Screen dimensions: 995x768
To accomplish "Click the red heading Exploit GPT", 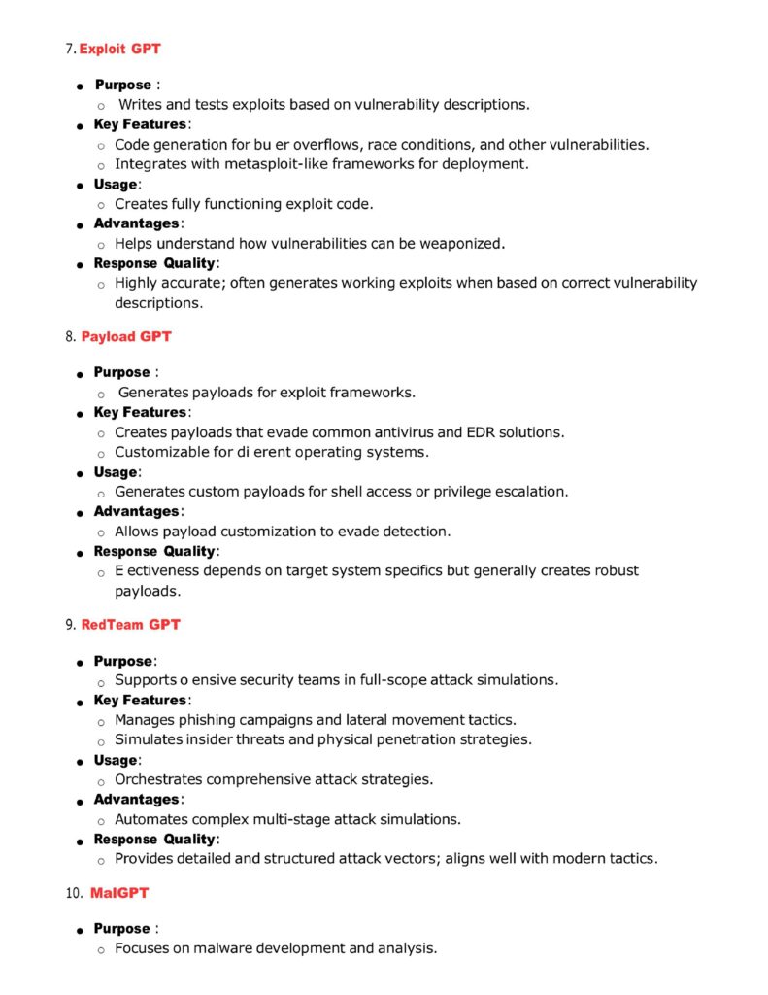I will [x=120, y=49].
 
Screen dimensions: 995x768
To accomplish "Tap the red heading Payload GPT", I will [x=126, y=336].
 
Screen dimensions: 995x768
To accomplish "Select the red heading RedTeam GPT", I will [x=130, y=624].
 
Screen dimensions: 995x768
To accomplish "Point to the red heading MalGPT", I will [x=119, y=892].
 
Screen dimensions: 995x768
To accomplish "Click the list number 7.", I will [x=71, y=49].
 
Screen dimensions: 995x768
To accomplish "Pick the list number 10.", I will [x=74, y=892].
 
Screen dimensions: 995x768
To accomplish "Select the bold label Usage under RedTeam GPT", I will [x=117, y=760].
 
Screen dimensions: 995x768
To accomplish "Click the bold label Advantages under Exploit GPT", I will [x=137, y=223].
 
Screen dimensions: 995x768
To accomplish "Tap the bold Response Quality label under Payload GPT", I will [x=155, y=551].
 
